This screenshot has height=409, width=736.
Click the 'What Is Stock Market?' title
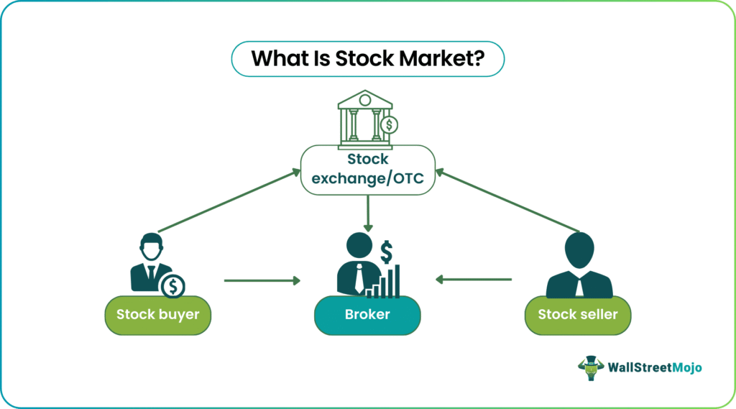tap(367, 59)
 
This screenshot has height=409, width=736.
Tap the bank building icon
tap(364, 116)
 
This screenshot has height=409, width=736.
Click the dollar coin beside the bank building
tap(390, 126)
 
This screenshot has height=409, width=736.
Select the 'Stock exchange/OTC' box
tap(367, 170)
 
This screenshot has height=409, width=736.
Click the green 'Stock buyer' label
tap(158, 314)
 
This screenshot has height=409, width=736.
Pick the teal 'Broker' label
tap(367, 314)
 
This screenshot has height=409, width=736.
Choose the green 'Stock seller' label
tap(577, 314)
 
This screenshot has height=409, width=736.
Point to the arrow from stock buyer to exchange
tap(229, 201)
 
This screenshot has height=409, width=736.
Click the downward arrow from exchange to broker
tap(367, 213)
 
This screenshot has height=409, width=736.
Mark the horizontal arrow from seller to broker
tap(474, 280)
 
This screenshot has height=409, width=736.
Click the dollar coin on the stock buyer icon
tap(172, 286)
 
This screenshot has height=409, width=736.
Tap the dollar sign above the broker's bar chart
tap(387, 252)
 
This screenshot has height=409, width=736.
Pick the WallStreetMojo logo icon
tap(590, 367)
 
